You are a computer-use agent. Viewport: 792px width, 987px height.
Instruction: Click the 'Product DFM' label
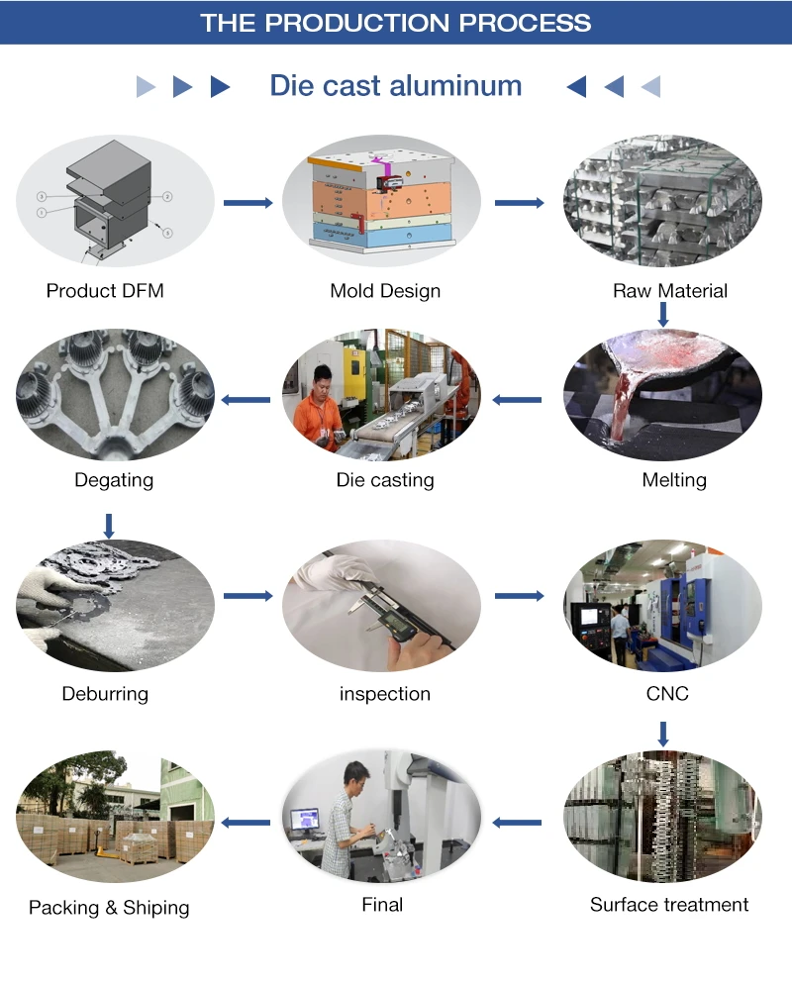click(x=105, y=291)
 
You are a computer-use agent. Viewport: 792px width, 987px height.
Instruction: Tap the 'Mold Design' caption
click(x=385, y=291)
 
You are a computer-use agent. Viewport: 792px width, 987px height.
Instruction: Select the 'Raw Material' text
click(x=670, y=291)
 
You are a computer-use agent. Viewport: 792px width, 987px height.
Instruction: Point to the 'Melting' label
click(x=674, y=480)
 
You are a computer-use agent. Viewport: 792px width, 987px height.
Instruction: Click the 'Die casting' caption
click(x=385, y=480)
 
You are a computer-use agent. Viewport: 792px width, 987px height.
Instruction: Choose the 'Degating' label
click(x=114, y=480)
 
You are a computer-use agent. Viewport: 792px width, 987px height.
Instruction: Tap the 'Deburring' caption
click(x=105, y=694)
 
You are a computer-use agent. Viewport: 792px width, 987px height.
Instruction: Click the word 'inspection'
click(x=385, y=694)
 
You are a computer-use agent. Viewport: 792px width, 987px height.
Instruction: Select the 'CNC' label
click(x=667, y=694)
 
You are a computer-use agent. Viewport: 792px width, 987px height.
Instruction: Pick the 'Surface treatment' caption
click(x=669, y=905)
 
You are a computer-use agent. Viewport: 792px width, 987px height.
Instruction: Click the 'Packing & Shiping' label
click(x=109, y=908)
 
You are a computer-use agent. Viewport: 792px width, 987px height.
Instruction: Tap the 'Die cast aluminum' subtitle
click(x=396, y=85)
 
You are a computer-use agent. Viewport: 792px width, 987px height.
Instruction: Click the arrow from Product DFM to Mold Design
click(x=247, y=203)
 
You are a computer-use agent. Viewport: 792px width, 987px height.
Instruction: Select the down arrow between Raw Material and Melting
click(x=663, y=315)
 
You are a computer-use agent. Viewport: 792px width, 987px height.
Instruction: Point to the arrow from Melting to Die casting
click(x=518, y=400)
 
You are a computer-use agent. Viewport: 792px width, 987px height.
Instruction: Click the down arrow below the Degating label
click(x=109, y=525)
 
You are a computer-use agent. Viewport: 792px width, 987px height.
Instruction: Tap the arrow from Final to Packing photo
click(x=246, y=822)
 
